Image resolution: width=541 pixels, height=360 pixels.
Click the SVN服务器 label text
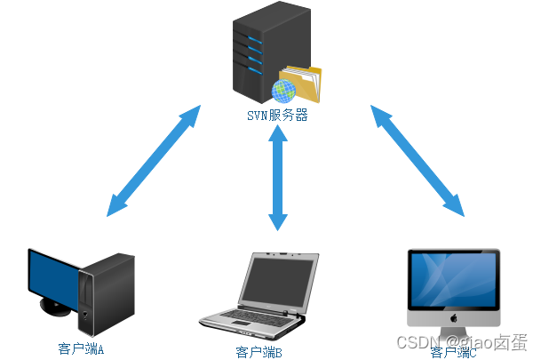click(x=277, y=116)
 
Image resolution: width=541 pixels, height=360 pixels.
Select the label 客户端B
click(x=259, y=353)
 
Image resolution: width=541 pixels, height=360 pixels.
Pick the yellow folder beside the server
click(x=304, y=83)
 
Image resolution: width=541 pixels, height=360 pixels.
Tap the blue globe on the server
click(x=284, y=90)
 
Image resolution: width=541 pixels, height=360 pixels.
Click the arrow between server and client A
click(x=153, y=161)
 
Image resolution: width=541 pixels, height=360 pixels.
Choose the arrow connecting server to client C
click(x=418, y=161)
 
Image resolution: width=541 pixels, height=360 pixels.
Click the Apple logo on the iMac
click(x=453, y=317)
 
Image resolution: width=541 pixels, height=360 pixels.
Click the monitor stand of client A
click(x=55, y=308)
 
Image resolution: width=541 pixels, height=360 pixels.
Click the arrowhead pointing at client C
click(x=457, y=209)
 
